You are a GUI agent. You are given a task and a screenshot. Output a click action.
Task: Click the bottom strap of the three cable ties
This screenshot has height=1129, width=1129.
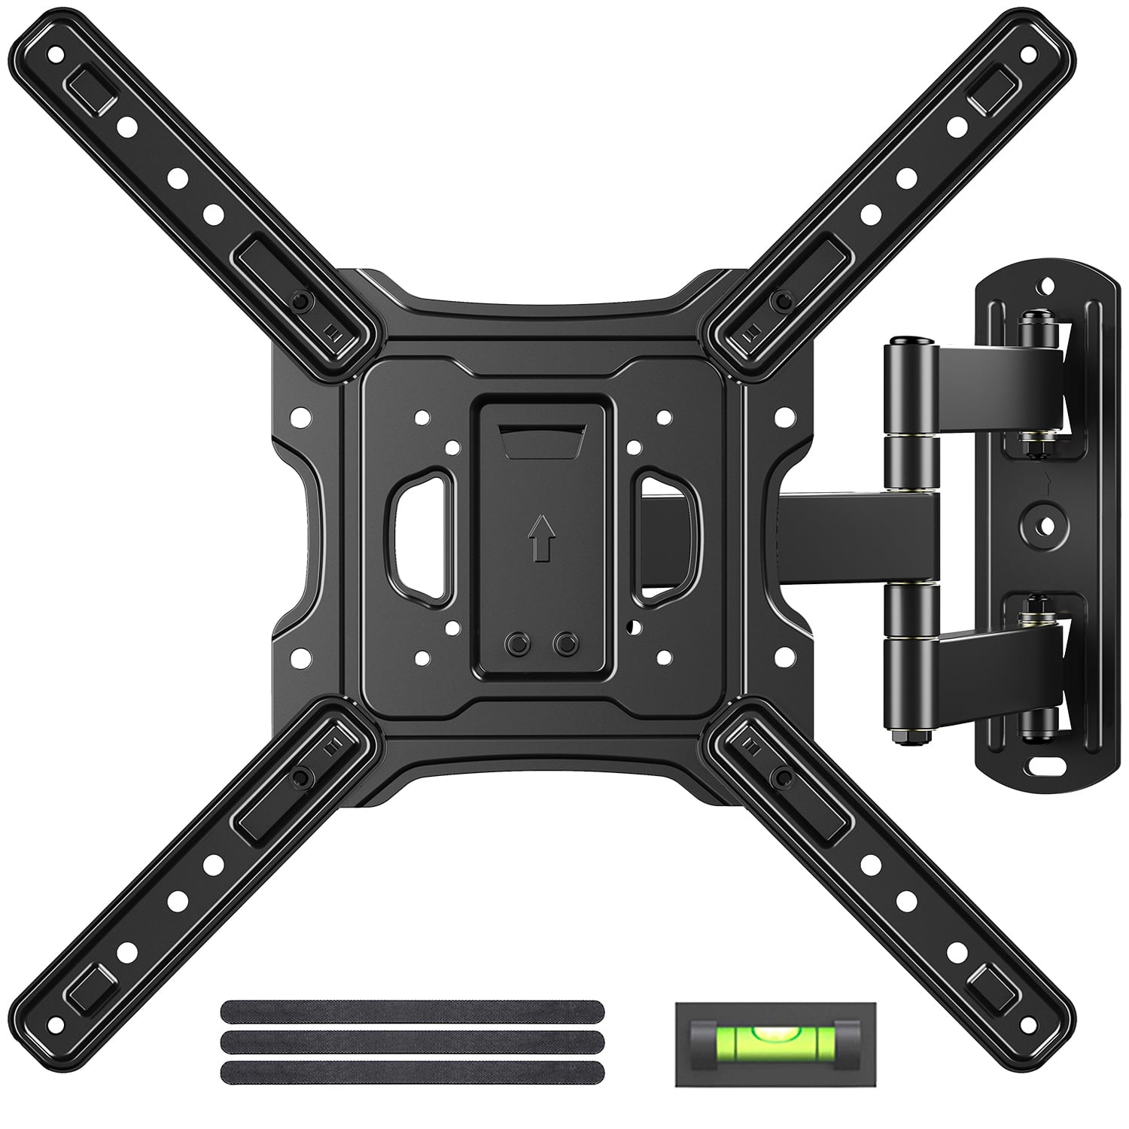pyautogui.click(x=413, y=1071)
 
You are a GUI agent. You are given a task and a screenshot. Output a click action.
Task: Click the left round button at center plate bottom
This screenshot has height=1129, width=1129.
pyautogui.click(x=516, y=644)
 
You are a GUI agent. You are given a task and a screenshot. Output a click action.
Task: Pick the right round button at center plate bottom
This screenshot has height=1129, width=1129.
pyautogui.click(x=562, y=644)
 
